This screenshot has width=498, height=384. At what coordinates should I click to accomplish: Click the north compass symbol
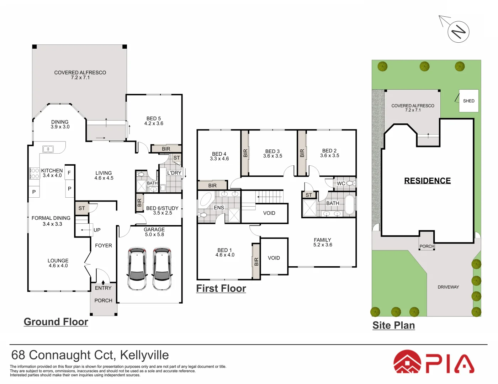tap(458, 32)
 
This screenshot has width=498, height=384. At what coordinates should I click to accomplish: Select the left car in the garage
tap(137, 269)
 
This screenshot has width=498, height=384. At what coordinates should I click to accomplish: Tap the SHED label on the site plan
tap(468, 101)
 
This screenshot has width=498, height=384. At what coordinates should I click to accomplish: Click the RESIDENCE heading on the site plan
tap(427, 181)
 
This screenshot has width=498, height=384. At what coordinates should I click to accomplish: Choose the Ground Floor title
tap(56, 322)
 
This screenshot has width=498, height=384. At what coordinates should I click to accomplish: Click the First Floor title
tap(221, 288)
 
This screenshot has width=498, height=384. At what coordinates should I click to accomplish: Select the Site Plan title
tap(393, 325)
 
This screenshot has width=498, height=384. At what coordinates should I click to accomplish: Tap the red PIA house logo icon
tap(407, 362)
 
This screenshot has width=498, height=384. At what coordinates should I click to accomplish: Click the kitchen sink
tap(48, 149)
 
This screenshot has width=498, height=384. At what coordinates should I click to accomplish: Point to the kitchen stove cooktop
tap(35, 173)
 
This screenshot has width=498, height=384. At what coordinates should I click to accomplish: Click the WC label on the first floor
tap(341, 183)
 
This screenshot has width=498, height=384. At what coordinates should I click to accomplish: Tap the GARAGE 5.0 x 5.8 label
tap(154, 232)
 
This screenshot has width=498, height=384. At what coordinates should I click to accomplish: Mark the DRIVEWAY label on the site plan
tap(448, 287)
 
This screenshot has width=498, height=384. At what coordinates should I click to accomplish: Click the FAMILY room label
tap(323, 242)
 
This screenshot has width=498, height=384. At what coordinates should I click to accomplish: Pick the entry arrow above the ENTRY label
tap(103, 282)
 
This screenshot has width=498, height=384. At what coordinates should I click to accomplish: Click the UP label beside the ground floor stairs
tap(97, 230)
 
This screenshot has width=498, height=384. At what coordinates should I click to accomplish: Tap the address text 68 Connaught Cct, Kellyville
tap(90, 355)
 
